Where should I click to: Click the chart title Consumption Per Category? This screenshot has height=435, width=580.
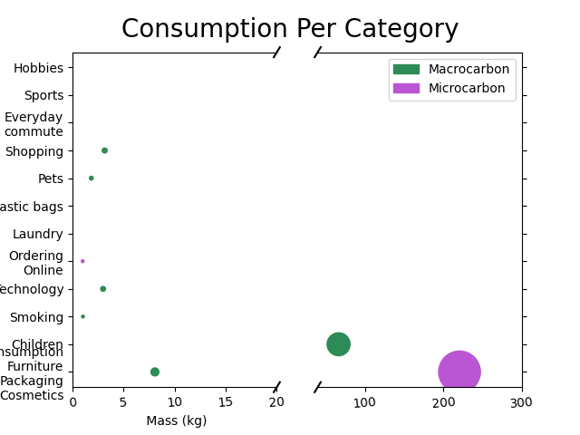290,29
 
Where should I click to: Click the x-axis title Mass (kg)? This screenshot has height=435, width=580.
176,420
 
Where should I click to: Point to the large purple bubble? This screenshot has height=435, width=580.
459,372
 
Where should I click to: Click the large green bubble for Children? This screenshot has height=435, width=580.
338,343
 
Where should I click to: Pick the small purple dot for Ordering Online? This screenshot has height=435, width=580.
82,261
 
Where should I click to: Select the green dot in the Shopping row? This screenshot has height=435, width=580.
104,150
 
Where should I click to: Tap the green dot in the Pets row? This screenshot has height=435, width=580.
92,179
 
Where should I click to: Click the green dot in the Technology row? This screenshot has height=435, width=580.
103,289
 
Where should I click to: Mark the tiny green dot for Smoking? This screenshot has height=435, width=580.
82,316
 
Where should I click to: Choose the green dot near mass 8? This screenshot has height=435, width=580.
155,372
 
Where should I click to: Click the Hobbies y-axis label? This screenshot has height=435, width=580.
39,68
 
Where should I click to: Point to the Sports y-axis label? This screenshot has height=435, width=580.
43,95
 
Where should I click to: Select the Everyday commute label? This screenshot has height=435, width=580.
34,124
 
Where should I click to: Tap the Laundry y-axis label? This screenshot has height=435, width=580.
38,234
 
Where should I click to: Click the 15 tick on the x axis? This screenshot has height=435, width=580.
227,402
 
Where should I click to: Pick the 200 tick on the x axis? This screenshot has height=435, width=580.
443,402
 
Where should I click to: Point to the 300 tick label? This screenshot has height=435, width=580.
521,402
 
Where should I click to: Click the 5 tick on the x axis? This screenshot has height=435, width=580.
123,402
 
